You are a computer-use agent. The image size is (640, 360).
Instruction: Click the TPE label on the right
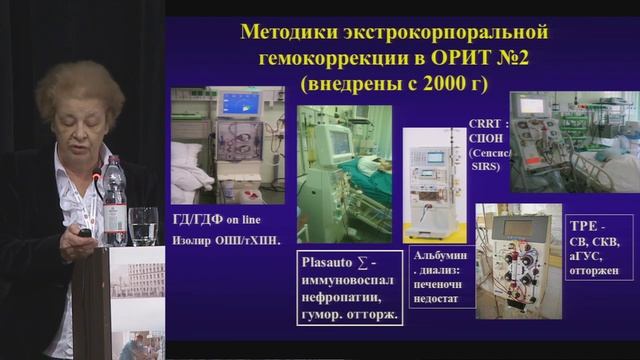580,225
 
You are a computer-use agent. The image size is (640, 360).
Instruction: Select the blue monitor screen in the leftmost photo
239,103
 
